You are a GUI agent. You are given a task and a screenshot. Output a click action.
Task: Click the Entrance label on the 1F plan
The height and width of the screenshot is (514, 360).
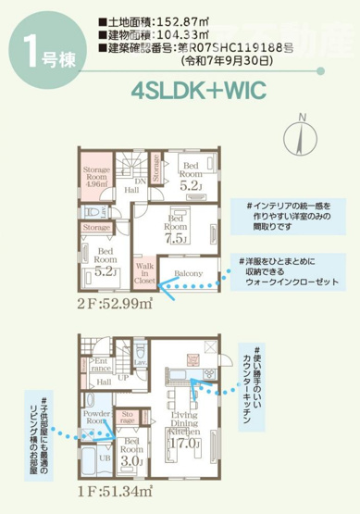point(100,365)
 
